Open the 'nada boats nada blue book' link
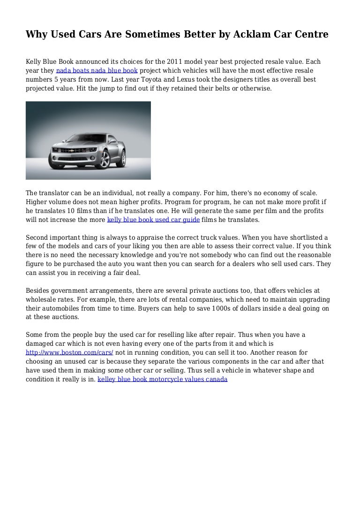pos(97,71)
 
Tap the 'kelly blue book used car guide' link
pos(154,219)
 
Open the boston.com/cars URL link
pos(69,352)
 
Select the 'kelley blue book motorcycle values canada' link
pos(162,379)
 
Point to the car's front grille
pos(65,152)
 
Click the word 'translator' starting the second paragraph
pos(55,193)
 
